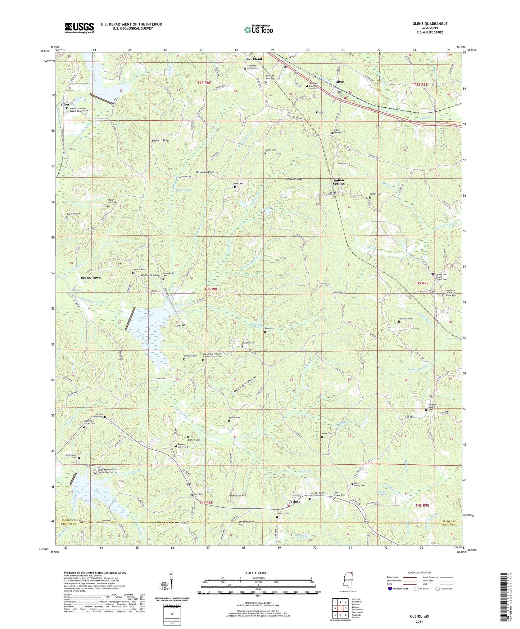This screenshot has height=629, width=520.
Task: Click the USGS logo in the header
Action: click(79, 27)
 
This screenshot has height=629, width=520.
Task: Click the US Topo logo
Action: click(258, 30)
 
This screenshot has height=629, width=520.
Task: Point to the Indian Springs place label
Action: click(338, 182)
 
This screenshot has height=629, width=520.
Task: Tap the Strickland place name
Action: click(254, 59)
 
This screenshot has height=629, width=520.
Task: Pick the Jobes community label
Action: click(65, 104)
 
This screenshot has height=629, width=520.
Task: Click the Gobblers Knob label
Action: click(148, 275)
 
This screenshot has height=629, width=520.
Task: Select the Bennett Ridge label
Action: click(160, 140)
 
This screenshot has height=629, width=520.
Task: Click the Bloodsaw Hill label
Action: click(238, 496)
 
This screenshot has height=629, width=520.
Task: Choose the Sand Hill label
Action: click(181, 325)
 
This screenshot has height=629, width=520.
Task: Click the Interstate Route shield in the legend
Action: click(390, 589)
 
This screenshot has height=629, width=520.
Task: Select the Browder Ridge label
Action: click(205, 172)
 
